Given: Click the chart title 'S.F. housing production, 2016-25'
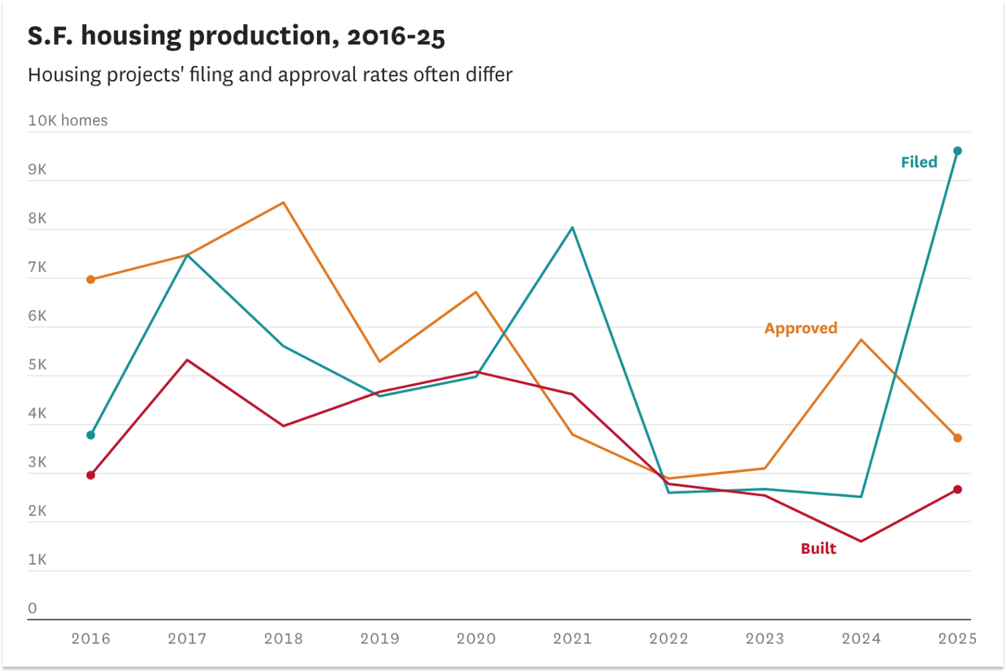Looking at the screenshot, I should pos(236,36).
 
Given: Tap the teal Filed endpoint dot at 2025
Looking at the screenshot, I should pos(957,151).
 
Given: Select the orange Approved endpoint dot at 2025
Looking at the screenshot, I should pos(957,438).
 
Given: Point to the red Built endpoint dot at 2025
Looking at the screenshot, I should pos(957,489).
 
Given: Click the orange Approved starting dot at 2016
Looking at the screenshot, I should pos(91,279).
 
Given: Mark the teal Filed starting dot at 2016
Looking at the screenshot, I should pos(91,435).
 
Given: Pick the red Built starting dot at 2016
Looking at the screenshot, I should pos(91,475).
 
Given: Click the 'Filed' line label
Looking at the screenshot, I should pos(919,162).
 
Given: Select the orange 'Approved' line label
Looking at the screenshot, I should pos(801,328).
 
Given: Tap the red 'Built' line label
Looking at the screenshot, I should pos(818,549).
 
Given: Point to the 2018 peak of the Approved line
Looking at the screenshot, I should pos(284,203).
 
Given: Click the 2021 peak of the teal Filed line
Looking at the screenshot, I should pos(572,228).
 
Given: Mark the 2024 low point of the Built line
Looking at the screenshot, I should pos(861,541).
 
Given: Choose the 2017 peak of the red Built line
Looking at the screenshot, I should pos(187,360).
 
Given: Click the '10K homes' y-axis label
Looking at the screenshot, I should pos(67,121).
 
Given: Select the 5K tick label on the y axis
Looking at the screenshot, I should pos(37,365).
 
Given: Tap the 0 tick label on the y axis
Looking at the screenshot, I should pos(32,608).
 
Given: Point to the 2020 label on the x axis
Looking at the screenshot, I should pos(476,639).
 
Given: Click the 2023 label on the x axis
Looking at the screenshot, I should pos(765,639).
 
